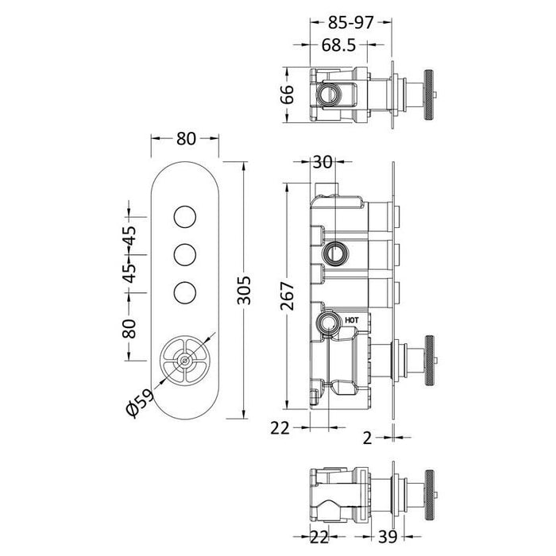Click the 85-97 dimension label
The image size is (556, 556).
pyautogui.click(x=350, y=23)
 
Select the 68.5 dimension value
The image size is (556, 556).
pyautogui.click(x=338, y=45)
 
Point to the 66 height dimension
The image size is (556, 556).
pyautogui.click(x=288, y=95)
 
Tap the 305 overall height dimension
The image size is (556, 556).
pyautogui.click(x=244, y=290)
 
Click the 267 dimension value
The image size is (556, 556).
pyautogui.click(x=288, y=296)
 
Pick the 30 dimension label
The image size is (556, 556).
pyautogui.click(x=322, y=162)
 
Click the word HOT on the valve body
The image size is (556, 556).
pyautogui.click(x=352, y=320)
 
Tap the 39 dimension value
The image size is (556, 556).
pyautogui.click(x=388, y=537)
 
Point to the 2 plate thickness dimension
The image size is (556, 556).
pyautogui.click(x=367, y=438)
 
